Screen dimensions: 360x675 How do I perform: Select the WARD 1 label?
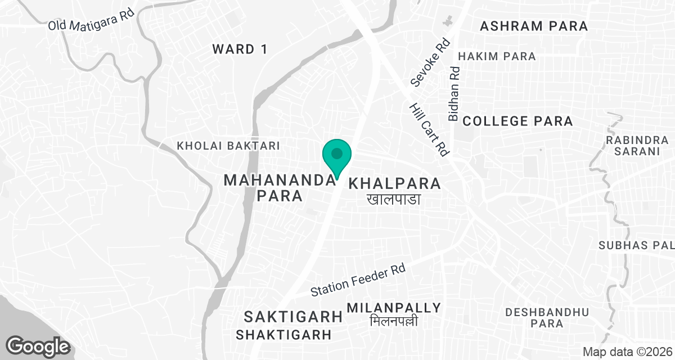(240, 49)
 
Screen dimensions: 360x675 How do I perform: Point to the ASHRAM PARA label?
(534, 26)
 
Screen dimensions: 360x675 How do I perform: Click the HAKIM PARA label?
(497, 56)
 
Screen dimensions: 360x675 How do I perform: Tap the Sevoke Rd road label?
(431, 63)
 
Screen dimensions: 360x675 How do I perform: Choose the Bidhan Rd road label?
(454, 93)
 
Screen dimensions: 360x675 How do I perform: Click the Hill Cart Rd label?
(429, 129)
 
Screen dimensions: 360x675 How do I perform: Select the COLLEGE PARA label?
(517, 121)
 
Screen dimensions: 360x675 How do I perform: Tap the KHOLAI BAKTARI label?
(228, 146)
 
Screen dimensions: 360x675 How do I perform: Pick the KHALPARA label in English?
(394, 183)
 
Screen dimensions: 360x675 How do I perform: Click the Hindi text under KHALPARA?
(394, 199)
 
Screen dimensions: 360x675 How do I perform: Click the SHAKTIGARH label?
(283, 335)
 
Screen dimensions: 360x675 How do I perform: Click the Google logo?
(38, 345)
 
